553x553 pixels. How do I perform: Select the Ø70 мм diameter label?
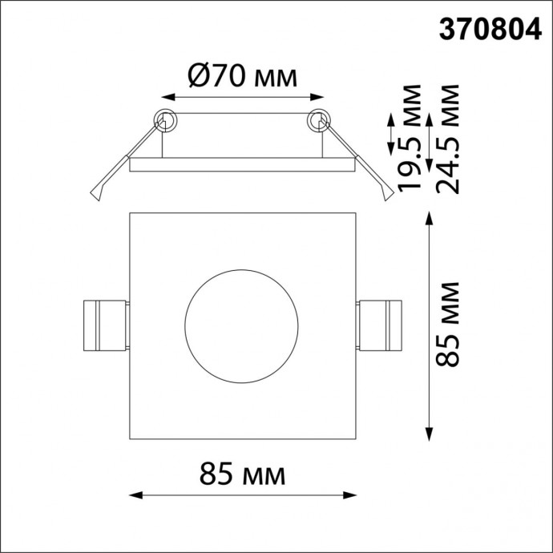click(x=241, y=77)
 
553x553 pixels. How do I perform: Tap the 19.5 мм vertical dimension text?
click(x=412, y=136)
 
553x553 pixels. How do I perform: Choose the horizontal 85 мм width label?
click(x=241, y=474)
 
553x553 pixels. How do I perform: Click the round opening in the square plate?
click(x=241, y=327)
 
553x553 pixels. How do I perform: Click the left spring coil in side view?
click(x=164, y=120)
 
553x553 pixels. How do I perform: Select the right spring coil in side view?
click(x=320, y=120)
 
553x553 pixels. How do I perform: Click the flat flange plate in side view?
click(x=241, y=165)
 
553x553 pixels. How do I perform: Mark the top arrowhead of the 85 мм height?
click(x=430, y=218)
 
